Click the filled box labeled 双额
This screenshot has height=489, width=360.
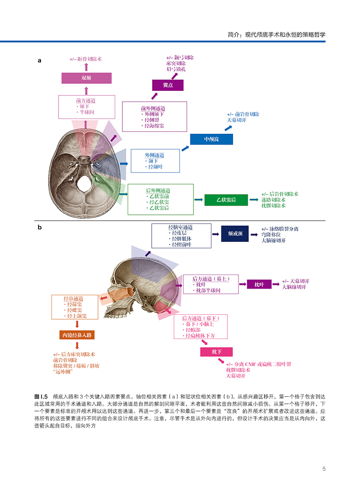click(x=86, y=77)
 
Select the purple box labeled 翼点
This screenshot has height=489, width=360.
click(x=168, y=85)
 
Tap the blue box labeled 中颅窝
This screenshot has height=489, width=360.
click(x=211, y=139)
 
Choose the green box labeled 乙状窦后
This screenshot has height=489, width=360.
click(x=226, y=199)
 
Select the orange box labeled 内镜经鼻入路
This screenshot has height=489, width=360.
click(x=77, y=335)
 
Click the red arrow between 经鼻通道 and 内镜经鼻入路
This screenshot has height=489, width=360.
click(x=77, y=324)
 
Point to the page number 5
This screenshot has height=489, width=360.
click(x=324, y=469)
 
